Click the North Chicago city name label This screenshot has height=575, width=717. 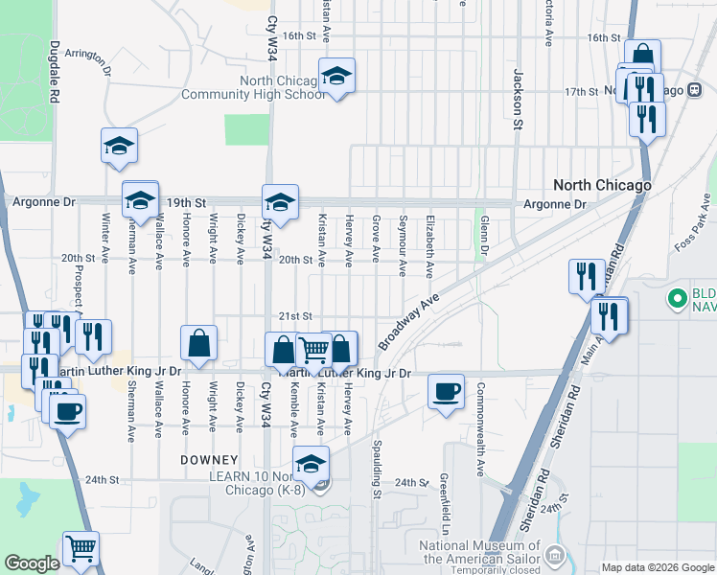click(603, 185)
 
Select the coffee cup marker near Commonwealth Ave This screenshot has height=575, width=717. click(446, 392)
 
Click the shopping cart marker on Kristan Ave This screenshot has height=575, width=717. click(313, 352)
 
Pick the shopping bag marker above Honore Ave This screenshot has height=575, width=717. click(198, 343)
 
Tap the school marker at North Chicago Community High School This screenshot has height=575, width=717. click(336, 76)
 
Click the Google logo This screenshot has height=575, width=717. click(32, 563)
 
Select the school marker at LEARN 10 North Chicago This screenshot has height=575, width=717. click(311, 465)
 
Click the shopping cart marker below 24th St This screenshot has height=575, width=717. click(81, 549)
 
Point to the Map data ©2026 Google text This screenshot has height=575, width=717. click(657, 567)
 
